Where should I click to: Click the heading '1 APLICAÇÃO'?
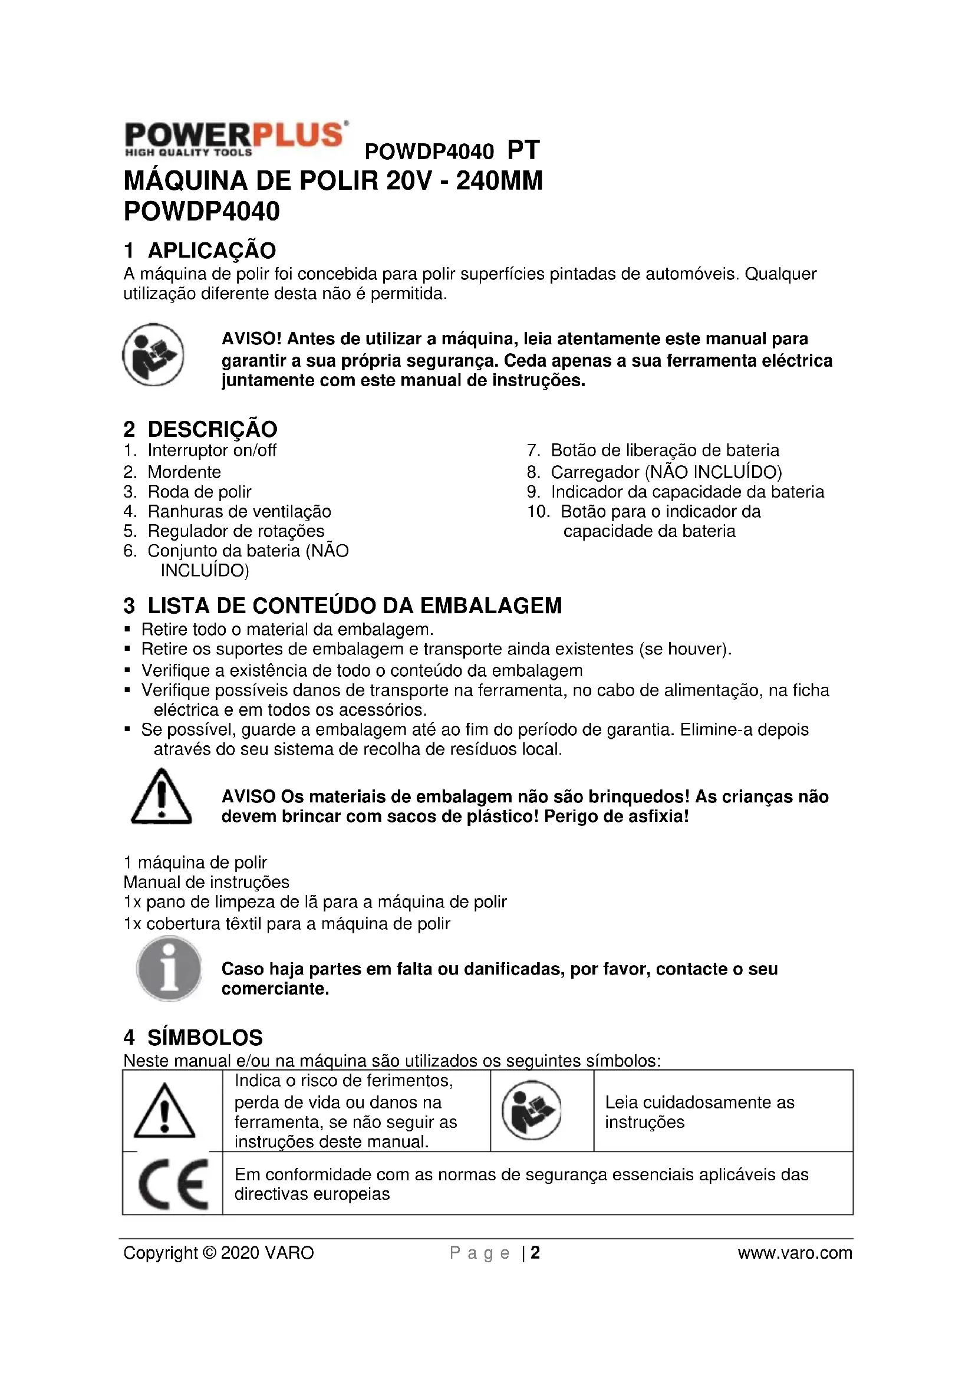[200, 250]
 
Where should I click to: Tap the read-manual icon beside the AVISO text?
[153, 354]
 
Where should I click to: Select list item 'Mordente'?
[184, 472]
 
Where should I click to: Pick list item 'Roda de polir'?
[199, 491]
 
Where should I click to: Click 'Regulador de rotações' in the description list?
[235, 531]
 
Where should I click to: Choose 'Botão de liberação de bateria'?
[664, 450]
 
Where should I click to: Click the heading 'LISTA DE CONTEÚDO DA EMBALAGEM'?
[354, 605]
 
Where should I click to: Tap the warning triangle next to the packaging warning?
[161, 797]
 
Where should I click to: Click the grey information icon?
[169, 969]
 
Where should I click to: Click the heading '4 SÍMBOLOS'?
[193, 1037]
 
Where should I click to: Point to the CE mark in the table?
[173, 1184]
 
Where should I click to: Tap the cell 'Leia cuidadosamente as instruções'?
[700, 1112]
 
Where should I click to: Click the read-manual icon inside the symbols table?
[531, 1111]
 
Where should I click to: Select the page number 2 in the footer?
[535, 1253]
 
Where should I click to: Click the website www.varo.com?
[795, 1253]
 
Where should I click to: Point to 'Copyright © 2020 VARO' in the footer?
[219, 1253]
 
